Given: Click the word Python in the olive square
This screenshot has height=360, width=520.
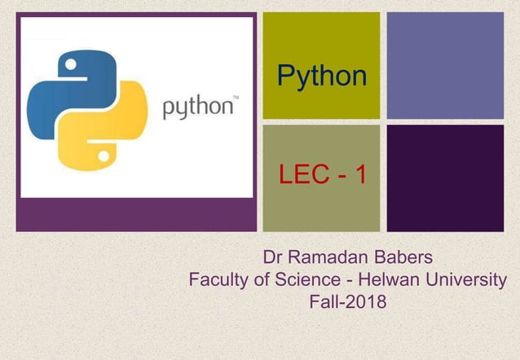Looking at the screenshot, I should point(321,76).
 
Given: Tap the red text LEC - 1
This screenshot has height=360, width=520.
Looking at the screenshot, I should point(322,174).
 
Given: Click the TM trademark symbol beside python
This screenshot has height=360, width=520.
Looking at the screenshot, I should point(236,99).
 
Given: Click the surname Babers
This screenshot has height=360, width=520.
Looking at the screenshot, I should point(396,260).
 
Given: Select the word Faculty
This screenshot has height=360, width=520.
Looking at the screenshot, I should point(218,281).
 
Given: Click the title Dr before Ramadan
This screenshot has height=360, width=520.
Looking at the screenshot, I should point(275,260).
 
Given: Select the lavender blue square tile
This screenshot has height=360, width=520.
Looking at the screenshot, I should point(445,65).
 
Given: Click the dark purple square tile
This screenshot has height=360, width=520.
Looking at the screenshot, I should point(445,178).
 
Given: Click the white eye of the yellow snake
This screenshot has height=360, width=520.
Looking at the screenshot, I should point(104,154).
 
